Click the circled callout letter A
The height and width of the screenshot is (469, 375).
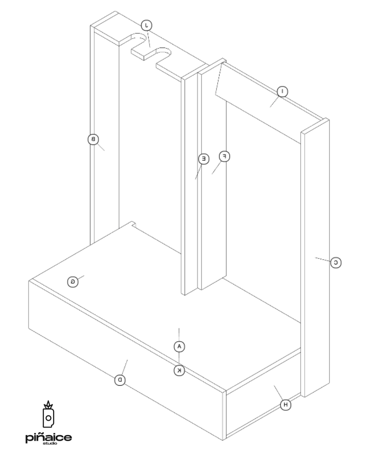(179, 346)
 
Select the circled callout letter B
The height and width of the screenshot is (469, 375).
(93, 139)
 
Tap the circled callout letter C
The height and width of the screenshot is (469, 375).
(336, 263)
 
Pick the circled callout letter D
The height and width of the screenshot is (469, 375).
(120, 380)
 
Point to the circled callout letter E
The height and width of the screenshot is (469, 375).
(204, 159)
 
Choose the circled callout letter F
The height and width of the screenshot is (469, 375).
(224, 156)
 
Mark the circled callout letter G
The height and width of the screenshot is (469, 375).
(73, 282)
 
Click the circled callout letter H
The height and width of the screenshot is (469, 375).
(285, 405)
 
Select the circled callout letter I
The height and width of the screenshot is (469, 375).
(282, 91)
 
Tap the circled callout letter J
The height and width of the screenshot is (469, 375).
(147, 25)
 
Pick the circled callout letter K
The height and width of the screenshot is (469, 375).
(179, 370)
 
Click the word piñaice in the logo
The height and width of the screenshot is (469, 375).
(49, 438)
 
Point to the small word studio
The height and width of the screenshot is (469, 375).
(50, 443)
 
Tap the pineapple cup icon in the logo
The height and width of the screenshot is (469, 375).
(48, 414)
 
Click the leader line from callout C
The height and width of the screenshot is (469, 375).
(323, 260)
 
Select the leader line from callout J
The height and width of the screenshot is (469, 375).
(149, 39)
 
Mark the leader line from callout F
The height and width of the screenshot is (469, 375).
(216, 168)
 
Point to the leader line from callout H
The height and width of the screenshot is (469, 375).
(278, 393)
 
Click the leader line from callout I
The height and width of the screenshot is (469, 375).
(274, 102)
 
